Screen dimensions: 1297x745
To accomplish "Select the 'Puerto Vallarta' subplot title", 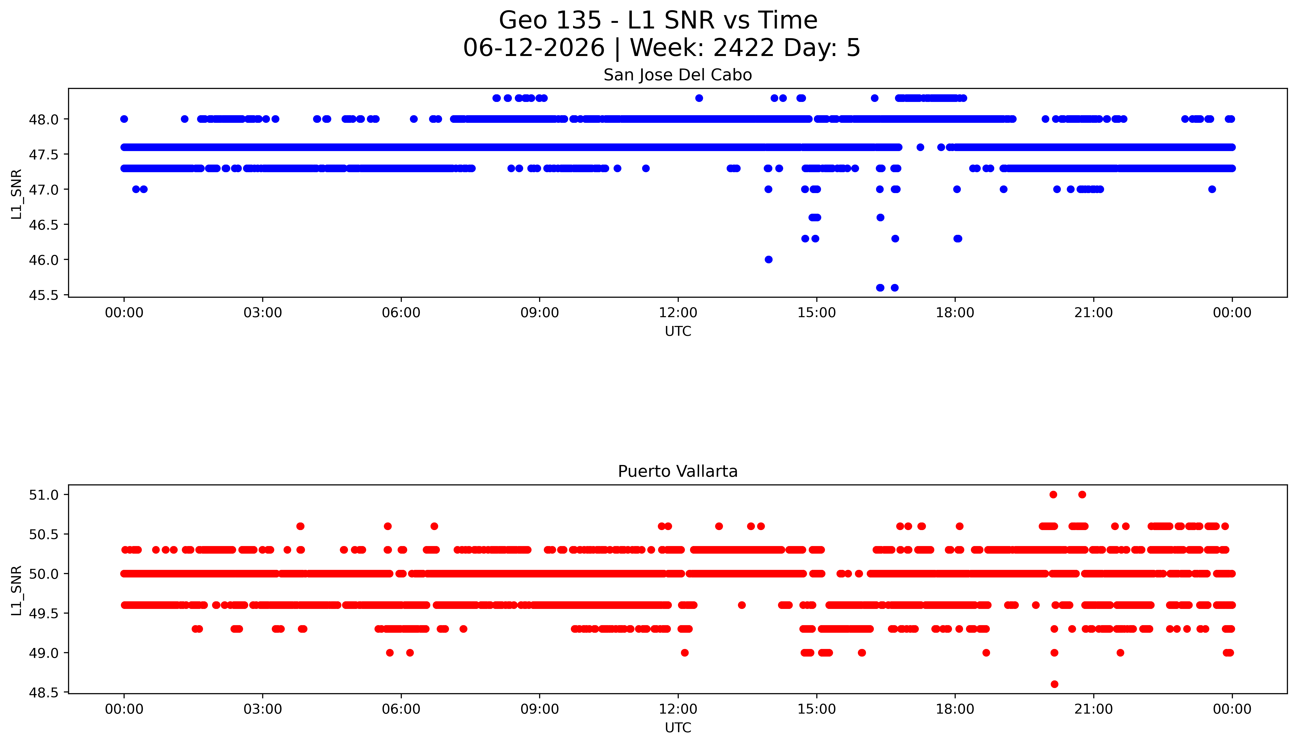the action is [x=678, y=471].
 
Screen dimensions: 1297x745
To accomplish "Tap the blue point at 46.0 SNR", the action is [x=768, y=259].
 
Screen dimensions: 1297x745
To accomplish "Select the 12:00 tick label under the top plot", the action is [x=678, y=313].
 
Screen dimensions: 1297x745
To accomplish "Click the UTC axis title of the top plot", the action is [x=678, y=332].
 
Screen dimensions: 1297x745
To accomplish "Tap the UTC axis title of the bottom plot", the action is [x=678, y=728].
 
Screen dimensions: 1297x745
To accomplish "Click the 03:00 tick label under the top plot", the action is [x=263, y=313].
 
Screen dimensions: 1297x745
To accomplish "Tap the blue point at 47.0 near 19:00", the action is [x=1003, y=189].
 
